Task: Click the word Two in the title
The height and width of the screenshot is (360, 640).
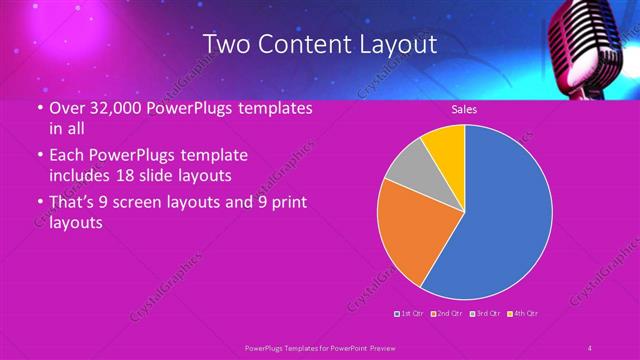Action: pos(225,44)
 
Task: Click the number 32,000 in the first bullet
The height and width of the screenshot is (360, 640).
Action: pos(117,107)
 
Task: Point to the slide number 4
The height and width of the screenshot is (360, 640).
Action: pos(589,347)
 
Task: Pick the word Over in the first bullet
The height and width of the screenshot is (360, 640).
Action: pos(67,107)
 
